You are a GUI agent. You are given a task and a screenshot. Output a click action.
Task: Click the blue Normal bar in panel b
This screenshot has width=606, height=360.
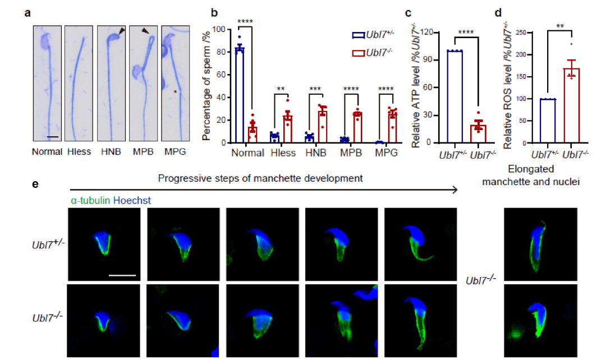[240, 95]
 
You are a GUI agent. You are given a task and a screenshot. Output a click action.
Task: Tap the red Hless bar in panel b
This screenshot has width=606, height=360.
[287, 130]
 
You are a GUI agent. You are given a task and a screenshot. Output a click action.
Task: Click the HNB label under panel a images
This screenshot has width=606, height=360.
[111, 152]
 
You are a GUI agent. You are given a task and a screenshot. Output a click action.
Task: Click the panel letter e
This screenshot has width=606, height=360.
[35, 184]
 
